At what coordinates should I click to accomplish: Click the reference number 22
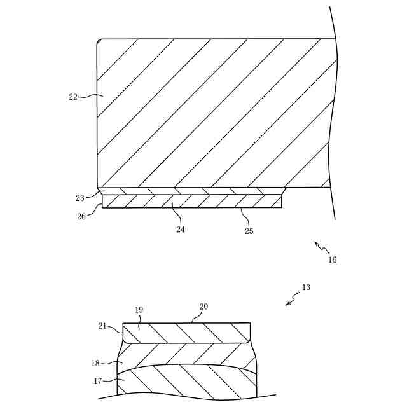pos(73,97)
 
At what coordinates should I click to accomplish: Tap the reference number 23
pos(80,198)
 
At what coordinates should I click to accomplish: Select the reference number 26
pos(81,216)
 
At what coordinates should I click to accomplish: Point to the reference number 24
pos(181,230)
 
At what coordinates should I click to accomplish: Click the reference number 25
pos(249,231)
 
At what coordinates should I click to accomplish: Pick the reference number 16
pos(333,259)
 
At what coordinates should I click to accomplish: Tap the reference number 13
pos(307,287)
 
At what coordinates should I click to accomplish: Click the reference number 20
pos(203,307)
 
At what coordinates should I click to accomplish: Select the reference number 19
pos(139,310)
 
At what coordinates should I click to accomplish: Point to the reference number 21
pos(102,326)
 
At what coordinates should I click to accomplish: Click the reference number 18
pos(96,363)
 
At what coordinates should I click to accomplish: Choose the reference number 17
pos(97,382)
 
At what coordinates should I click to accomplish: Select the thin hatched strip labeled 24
pos(191,202)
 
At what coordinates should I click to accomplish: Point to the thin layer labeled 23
pos(191,191)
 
